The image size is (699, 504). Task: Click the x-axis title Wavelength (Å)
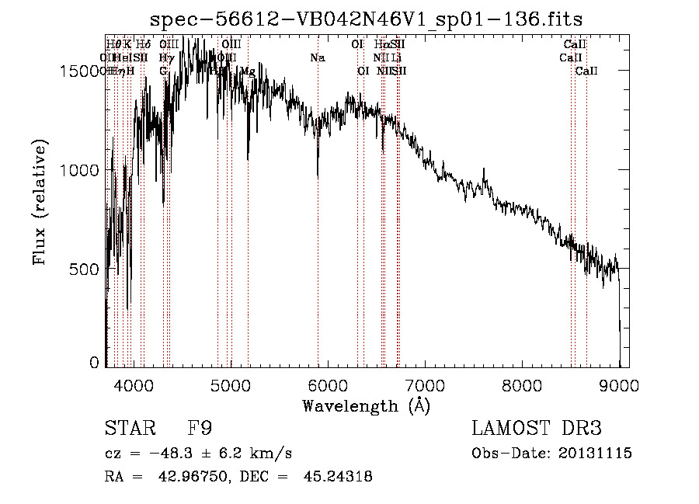pos(366,405)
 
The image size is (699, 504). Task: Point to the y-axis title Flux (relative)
pos(40,203)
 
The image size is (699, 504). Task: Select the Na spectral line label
pos(317,57)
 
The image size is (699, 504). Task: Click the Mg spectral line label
pos(247,71)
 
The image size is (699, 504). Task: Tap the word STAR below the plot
pos(127,429)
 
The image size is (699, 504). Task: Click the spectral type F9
pos(200,429)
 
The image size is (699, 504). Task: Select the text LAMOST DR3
pos(537,429)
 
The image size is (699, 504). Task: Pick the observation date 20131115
pos(593,453)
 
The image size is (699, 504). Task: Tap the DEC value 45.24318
pos(339,477)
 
